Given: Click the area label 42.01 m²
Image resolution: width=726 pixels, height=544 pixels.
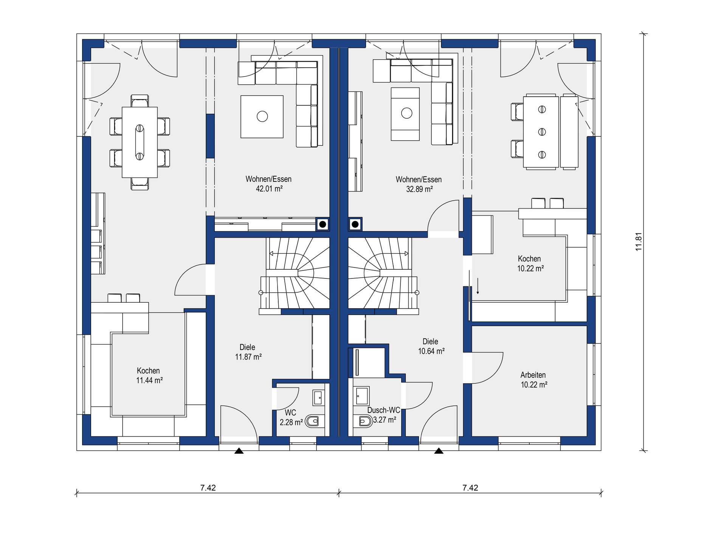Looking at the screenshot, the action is point(269,189).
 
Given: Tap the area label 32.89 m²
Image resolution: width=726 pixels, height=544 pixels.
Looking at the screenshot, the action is point(419,189).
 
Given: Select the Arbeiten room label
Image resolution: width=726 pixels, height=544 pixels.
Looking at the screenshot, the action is point(533,375).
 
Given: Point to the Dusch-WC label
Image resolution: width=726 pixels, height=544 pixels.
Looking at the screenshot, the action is point(384,410).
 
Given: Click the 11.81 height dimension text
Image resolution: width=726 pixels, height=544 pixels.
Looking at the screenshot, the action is point(639,242).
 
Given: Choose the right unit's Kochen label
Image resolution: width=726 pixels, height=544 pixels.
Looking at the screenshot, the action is point(529,259).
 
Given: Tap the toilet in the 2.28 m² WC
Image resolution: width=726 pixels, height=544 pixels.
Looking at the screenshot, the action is point(314,421).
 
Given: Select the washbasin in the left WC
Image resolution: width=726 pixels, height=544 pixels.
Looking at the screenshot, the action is point(318,397).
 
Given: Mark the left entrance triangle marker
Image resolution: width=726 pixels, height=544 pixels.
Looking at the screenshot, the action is point(239,451).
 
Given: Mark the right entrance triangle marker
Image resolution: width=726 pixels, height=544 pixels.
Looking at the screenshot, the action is point(439,451).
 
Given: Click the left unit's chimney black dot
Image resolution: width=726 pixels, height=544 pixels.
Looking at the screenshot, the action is point(323,224).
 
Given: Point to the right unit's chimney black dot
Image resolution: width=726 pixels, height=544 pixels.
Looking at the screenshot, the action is point(355,224).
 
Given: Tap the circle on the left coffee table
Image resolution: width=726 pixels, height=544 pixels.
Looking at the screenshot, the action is point(262,116).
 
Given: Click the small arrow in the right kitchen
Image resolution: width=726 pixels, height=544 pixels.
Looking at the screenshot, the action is point(478,286).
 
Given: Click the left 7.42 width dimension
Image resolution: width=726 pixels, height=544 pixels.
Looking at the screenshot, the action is point(208,488).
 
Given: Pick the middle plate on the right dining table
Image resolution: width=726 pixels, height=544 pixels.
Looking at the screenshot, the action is point(542,132).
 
